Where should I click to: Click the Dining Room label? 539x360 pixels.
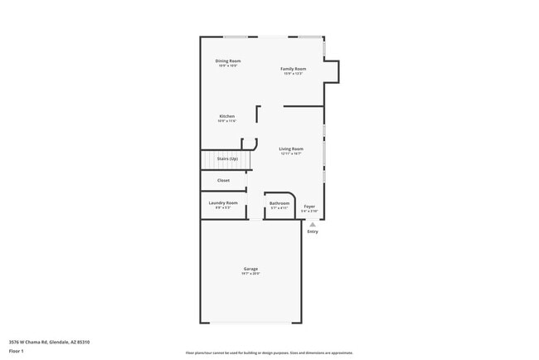pos(228,61)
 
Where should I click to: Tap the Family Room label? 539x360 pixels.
pos(293,69)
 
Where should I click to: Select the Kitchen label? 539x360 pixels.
pos(227,116)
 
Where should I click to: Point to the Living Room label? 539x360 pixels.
pos(291,148)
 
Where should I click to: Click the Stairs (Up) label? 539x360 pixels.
pos(227,158)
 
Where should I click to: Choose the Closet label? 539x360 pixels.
pos(224,180)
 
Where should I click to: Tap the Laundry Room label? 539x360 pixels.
pos(223,202)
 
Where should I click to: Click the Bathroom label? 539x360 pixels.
pos(279,203)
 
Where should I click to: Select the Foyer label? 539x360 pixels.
pos(309,206)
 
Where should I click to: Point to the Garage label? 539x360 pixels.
pos(250,268)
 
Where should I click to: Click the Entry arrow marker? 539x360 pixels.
pos(313,224)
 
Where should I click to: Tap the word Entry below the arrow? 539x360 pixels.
pos(313,231)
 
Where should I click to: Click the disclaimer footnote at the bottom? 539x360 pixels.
pos(269,353)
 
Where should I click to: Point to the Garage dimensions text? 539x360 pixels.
pos(250,274)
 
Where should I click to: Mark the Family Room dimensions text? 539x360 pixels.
pos(293,74)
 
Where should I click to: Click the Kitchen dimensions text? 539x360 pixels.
pos(227,121)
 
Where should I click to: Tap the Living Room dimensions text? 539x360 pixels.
pos(291,153)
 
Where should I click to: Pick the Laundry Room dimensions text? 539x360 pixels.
pos(223,207)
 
